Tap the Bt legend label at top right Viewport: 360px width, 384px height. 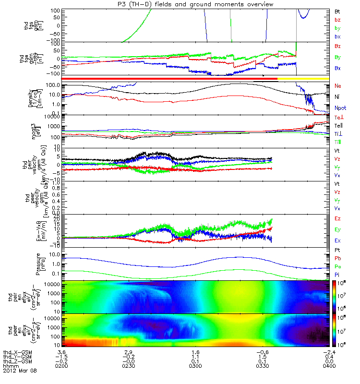point(337,10)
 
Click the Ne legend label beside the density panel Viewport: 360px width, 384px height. point(338,85)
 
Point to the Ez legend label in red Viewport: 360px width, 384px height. point(337,218)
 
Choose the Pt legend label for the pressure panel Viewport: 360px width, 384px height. point(337,251)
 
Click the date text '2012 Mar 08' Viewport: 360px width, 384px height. point(19,371)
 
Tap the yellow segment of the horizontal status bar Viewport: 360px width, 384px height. point(303,78)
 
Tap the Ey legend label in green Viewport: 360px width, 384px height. point(337,229)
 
